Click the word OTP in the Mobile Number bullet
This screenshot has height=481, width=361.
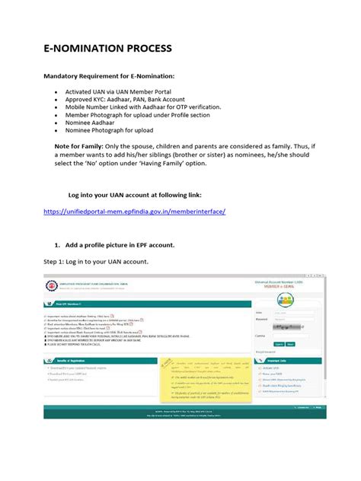[187, 108]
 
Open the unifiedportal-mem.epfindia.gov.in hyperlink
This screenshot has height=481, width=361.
[134, 210]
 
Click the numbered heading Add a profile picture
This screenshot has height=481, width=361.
[118, 245]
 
